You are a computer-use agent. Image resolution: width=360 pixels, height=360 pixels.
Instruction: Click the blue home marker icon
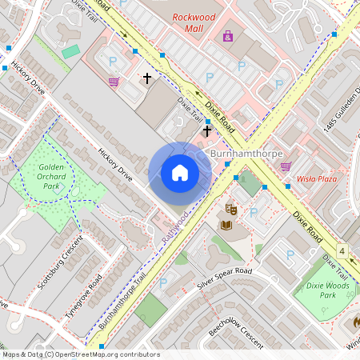(x=180, y=173)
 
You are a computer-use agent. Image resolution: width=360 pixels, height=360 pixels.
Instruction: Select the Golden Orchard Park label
(x=50, y=176)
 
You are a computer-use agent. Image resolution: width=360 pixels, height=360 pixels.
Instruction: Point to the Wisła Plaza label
(x=316, y=179)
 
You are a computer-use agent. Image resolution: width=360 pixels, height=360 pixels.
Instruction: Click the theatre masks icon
(x=232, y=209)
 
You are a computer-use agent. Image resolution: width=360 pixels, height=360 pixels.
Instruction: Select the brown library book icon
(x=226, y=225)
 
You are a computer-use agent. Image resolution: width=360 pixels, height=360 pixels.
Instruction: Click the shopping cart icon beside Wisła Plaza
(x=286, y=166)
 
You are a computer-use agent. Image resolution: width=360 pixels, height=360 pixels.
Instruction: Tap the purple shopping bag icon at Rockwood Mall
(x=228, y=36)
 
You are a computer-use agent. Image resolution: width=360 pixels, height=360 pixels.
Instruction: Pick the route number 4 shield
(x=342, y=251)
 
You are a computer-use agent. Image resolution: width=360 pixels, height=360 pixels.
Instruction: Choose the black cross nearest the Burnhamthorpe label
(x=207, y=130)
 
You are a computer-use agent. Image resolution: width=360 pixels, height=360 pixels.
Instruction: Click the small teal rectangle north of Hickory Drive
(x=71, y=51)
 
